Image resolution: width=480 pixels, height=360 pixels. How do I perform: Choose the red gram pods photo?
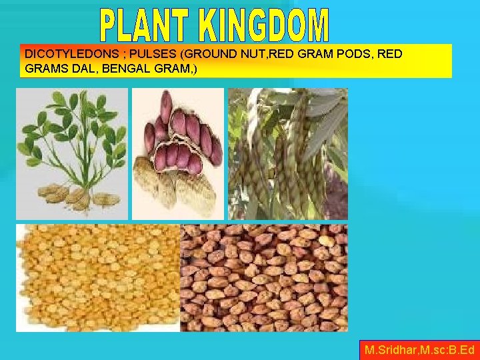(287, 153)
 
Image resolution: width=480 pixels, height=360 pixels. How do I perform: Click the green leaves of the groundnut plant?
(70, 123)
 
